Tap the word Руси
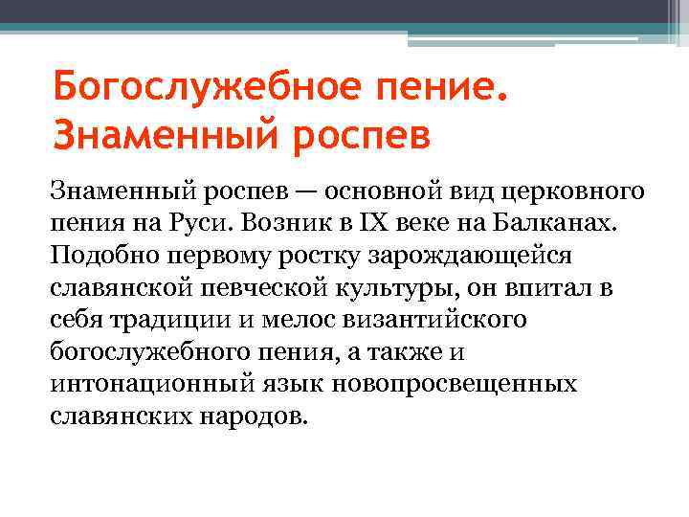195,223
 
